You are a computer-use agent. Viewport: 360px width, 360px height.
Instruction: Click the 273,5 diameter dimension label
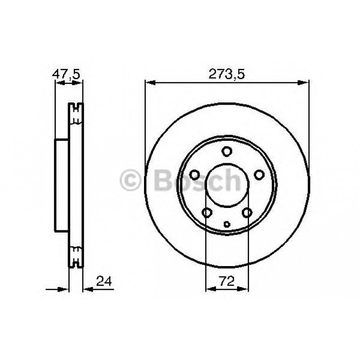pos(227,75)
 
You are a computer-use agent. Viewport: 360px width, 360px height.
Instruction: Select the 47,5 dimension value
pos(67,75)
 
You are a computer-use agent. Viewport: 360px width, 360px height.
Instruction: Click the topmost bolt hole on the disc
pos(227,151)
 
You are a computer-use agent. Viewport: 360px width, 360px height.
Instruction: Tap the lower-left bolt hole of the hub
pos(207,213)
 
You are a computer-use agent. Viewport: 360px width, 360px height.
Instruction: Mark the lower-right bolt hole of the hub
pos(247,213)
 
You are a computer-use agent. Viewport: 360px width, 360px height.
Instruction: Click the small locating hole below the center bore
pos(227,224)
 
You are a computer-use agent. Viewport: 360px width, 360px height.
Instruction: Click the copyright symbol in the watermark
pos(131,181)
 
